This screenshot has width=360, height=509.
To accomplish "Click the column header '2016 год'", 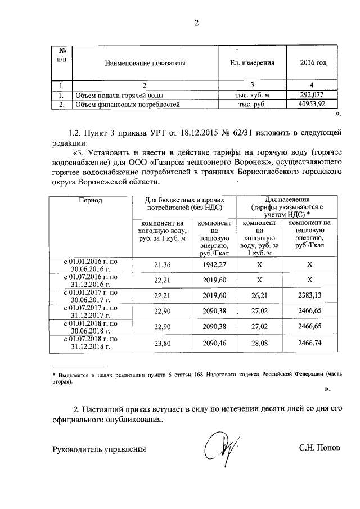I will pos(313,62).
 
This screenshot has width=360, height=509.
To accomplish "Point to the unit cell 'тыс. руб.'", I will pos(251,104).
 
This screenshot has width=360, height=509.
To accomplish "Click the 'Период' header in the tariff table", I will pos(90,200).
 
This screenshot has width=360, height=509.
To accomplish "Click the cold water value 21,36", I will pos(162,264).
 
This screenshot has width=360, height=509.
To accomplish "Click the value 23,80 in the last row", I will pos(162,343).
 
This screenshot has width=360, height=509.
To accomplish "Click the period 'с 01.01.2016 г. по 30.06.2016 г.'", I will pos(90,264).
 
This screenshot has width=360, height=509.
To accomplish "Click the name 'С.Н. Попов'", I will pos(319,449).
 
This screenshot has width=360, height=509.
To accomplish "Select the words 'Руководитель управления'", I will pos(99,449).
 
